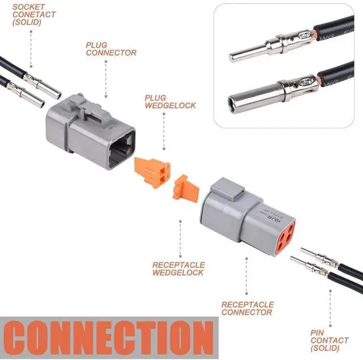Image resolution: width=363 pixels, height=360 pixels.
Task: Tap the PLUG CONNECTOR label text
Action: click(111, 49)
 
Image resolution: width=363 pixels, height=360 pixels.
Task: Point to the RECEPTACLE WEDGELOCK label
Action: click(178, 269)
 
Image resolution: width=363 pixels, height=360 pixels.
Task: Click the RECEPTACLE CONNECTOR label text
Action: click(247, 308)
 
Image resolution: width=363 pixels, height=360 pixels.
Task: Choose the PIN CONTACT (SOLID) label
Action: click(329, 340)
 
